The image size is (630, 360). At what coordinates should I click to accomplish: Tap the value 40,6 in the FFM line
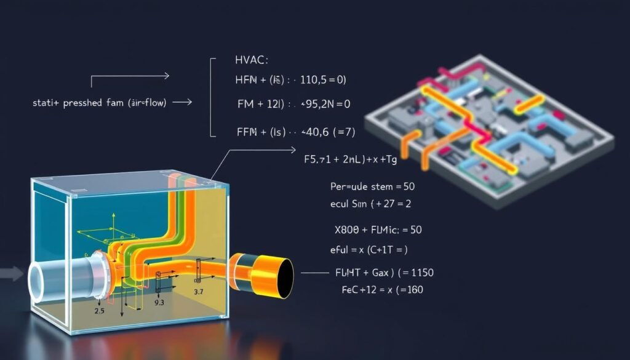point(317,131)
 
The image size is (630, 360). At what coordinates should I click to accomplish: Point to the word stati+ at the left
point(45,103)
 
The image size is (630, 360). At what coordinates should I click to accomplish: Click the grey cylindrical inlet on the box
point(62,277)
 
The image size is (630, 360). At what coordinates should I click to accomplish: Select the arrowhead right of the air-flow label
point(187,103)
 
